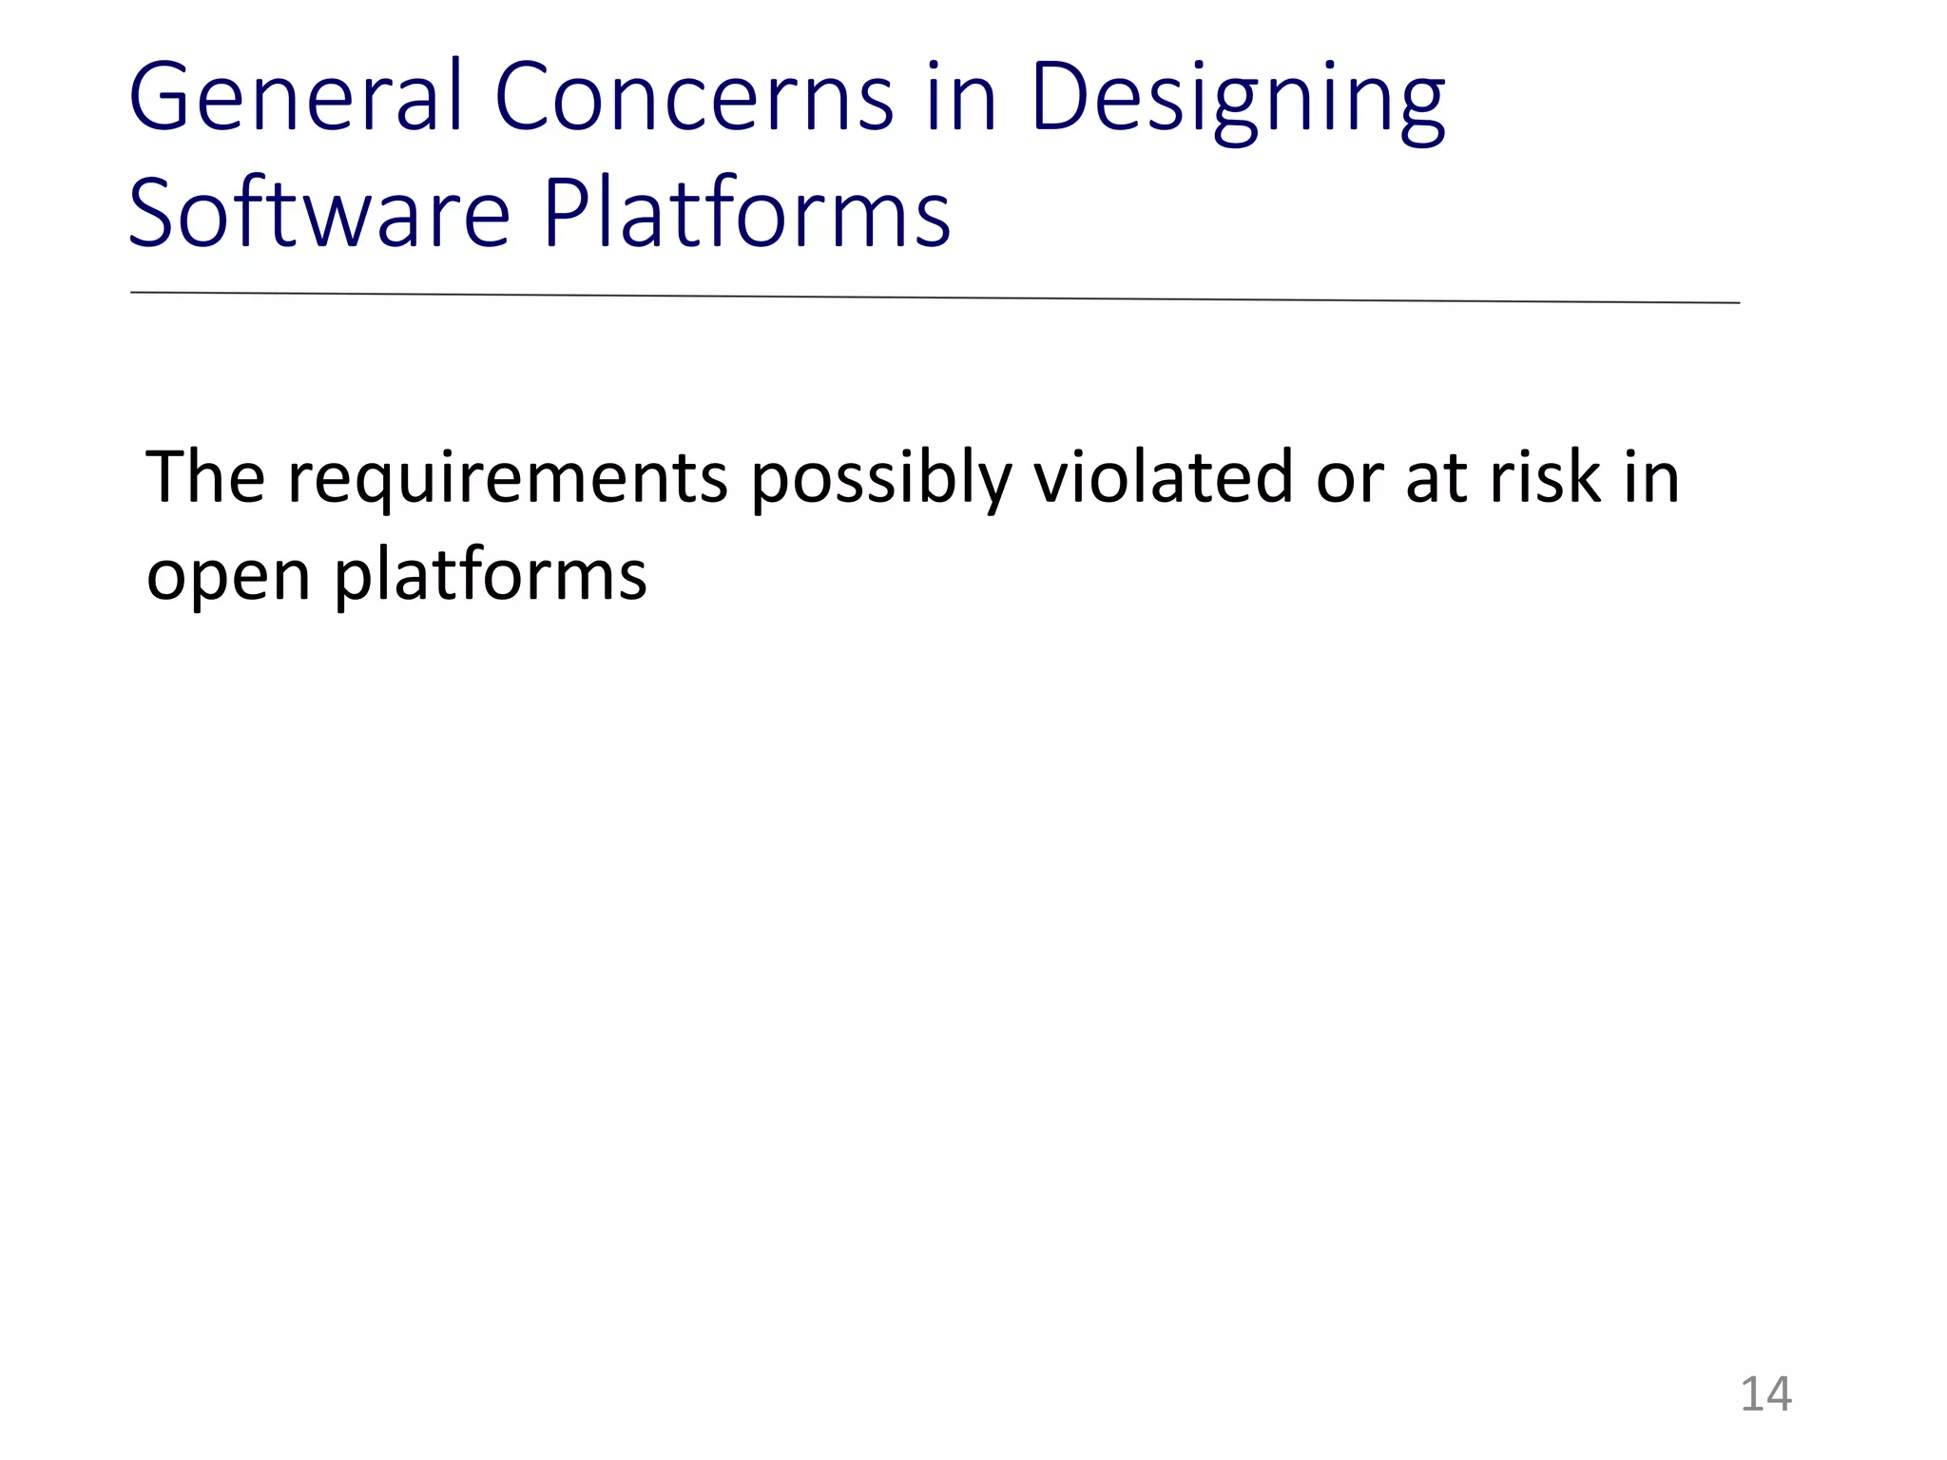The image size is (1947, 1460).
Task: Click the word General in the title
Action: click(295, 97)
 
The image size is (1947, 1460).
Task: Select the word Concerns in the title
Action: click(694, 97)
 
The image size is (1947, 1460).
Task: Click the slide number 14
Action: click(1765, 1394)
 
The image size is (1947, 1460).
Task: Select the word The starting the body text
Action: click(204, 477)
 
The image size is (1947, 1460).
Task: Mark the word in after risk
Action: click(1651, 477)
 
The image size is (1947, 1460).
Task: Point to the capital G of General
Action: click(162, 97)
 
